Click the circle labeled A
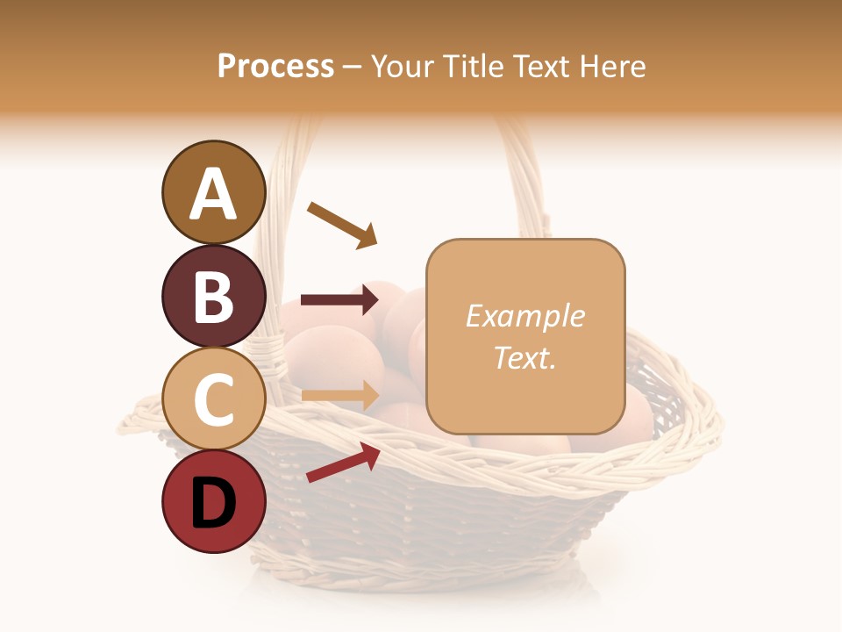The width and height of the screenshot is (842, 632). pos(214,192)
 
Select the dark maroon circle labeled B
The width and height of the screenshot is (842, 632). pos(214,296)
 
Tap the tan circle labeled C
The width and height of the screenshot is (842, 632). pos(214,399)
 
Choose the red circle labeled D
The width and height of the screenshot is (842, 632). pos(214,502)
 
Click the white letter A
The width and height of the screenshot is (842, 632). pos(214,195)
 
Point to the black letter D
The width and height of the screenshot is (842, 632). pos(214,504)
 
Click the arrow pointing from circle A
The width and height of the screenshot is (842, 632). pos(342,225)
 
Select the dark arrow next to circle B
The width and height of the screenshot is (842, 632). pos(339,300)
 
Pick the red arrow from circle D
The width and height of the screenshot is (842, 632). pos(343,463)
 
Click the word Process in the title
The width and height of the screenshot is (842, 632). pos(275,67)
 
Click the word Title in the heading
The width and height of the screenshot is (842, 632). pos(475,67)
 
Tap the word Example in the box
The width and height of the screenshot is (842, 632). pos(524,316)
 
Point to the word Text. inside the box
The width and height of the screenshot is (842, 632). pos(524,357)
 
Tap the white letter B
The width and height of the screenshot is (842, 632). pos(214,298)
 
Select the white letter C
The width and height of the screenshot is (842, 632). pos(214,400)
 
